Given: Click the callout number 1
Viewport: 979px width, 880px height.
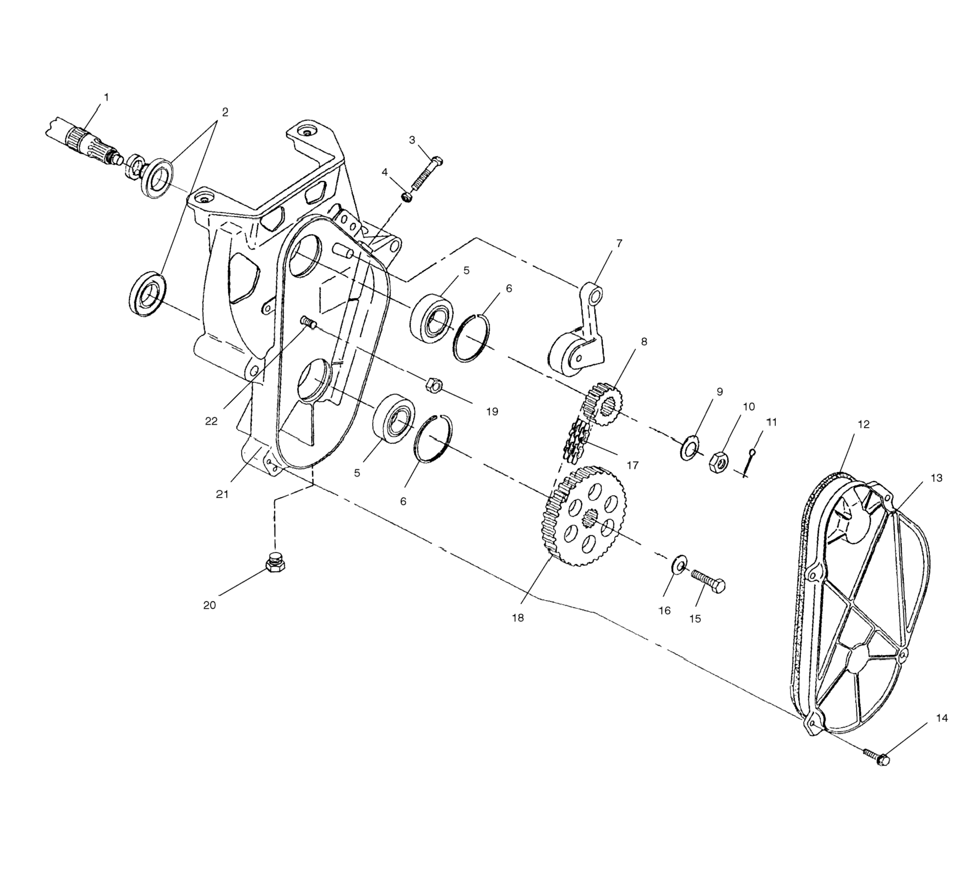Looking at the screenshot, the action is [x=106, y=98].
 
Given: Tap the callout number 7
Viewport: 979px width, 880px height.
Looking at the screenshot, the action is [x=619, y=243].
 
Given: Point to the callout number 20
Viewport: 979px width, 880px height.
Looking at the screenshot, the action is [x=209, y=605].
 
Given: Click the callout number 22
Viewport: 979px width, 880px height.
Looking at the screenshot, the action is [x=211, y=421].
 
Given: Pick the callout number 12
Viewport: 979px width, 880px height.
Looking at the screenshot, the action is [x=863, y=424].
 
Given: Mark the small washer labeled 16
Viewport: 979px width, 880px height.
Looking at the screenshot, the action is [x=679, y=564].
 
